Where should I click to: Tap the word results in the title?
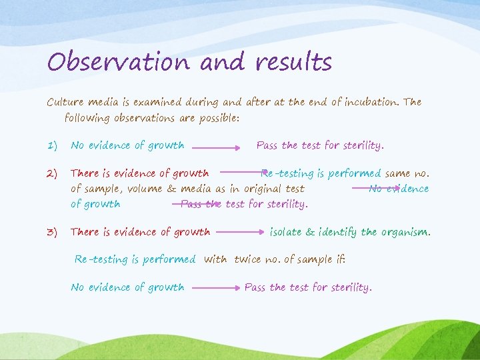[293, 62]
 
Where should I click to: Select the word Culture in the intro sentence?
[65, 103]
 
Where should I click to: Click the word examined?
[157, 103]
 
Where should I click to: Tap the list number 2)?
[53, 174]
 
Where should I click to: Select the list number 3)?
[53, 233]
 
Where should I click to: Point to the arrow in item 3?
[240, 233]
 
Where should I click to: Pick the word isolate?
[287, 232]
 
